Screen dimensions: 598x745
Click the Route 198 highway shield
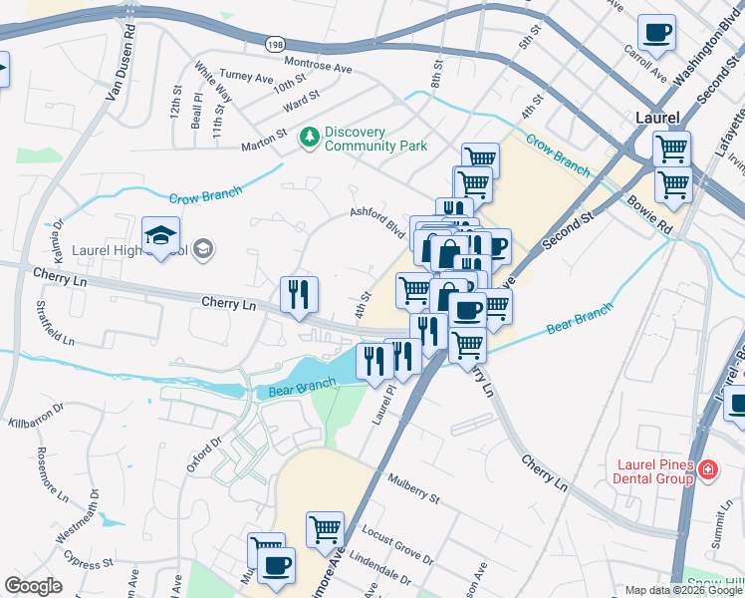point(275,43)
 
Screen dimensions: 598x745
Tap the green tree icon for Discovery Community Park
point(311,135)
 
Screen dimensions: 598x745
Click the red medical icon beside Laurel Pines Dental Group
point(708,468)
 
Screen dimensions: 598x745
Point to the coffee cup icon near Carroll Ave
point(655,33)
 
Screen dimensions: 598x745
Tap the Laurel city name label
point(657,118)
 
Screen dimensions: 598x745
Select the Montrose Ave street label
point(319,67)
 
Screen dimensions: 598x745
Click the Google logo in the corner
point(33,586)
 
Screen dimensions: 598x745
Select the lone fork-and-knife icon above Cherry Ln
point(299,295)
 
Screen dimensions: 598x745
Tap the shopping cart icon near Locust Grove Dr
point(325,530)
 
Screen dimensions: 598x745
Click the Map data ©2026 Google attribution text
point(682,590)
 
